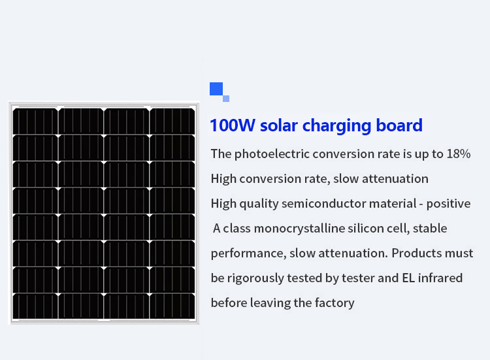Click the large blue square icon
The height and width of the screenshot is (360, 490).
coord(216,88)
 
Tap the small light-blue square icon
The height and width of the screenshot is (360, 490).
coord(226,99)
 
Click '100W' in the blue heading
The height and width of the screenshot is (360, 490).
coord(233,125)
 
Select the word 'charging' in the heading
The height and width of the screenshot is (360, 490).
coord(337,126)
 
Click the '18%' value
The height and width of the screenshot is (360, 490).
coord(459,154)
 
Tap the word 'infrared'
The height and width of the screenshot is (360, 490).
coord(440,278)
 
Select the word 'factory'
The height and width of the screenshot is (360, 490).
coord(335,303)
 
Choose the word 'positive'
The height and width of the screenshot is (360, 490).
coord(448,204)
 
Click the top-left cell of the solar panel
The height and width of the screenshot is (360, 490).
coord(35,122)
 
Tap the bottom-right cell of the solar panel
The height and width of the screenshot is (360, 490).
coord(172,306)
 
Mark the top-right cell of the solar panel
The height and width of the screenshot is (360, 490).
coord(172,122)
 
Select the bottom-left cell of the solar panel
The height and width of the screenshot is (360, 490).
coord(35,306)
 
